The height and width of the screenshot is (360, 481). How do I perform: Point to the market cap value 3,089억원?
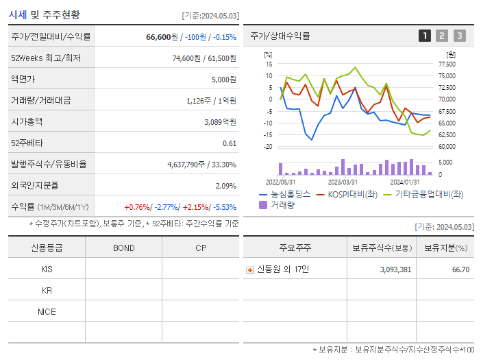[220, 121]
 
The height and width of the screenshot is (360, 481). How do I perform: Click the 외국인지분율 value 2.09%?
[225, 185]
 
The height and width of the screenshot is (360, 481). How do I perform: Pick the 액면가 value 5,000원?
[223, 80]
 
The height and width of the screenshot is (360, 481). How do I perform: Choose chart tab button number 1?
[425, 36]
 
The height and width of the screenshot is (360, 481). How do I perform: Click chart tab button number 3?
[459, 36]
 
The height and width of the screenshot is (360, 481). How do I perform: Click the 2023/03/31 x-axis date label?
[343, 182]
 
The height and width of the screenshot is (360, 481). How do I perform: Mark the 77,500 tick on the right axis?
[446, 64]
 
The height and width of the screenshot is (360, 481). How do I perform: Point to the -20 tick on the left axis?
[268, 146]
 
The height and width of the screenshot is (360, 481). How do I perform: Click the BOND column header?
[123, 248]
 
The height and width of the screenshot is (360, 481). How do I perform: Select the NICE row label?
[47, 311]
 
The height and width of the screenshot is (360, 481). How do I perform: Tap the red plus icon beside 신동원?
[250, 269]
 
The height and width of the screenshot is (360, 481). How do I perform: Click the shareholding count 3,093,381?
[395, 269]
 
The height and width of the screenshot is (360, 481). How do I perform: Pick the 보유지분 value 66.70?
[460, 269]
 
